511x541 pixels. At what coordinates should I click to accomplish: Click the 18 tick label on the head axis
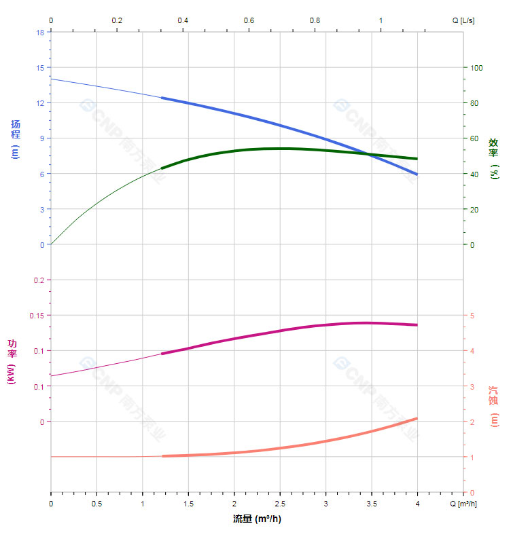(41, 32)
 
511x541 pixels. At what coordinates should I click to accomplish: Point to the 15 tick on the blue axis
(41, 67)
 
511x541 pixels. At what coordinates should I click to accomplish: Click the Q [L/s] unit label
(463, 20)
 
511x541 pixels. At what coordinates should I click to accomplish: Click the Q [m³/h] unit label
(464, 504)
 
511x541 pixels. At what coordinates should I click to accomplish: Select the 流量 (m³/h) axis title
(257, 519)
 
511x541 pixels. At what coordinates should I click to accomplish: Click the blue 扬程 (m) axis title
(16, 138)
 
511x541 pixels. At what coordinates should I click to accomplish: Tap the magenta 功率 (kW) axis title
(12, 361)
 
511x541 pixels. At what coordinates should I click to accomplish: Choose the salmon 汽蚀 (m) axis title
(494, 407)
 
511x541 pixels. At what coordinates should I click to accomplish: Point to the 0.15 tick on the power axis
(37, 316)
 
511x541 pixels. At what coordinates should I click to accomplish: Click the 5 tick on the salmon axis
(473, 316)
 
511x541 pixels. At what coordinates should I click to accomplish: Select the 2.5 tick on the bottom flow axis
(280, 504)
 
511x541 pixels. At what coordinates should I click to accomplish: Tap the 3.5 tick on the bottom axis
(372, 504)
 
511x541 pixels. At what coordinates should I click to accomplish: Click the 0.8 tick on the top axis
(315, 20)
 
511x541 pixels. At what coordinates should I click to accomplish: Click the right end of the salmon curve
(417, 419)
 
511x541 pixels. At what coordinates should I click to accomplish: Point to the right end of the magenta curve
(417, 324)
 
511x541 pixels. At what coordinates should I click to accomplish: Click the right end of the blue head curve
(417, 174)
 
